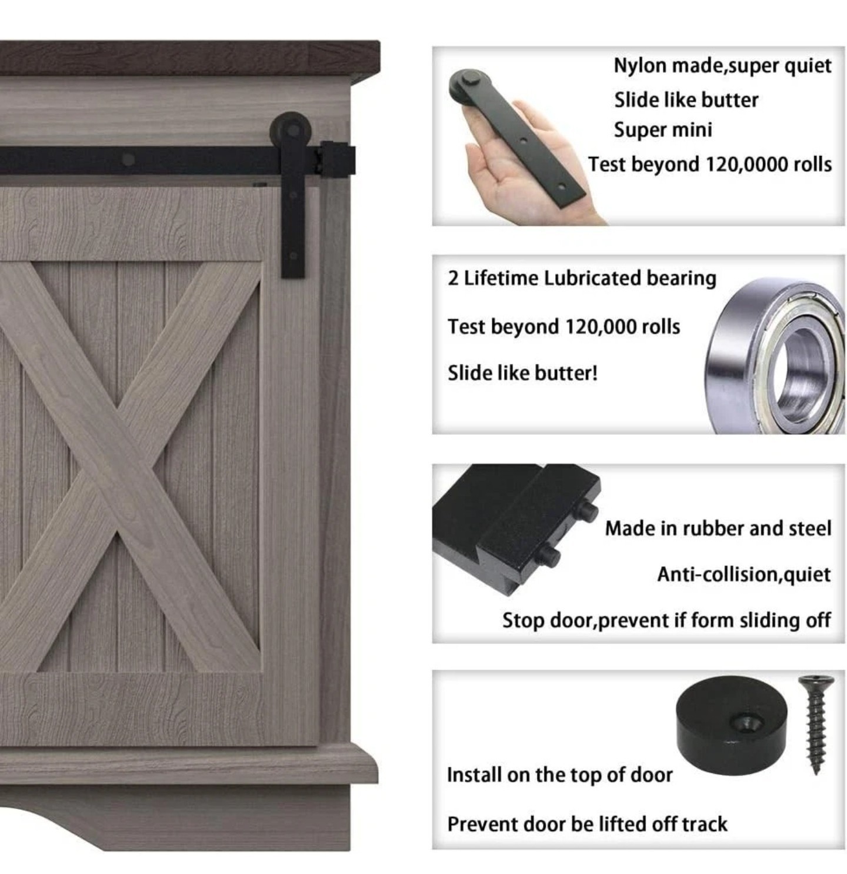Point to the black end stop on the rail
click(x=336, y=158)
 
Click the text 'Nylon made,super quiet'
click(x=722, y=66)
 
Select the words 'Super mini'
click(x=662, y=130)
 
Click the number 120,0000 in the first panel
click(x=743, y=164)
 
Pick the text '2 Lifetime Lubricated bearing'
click(x=582, y=278)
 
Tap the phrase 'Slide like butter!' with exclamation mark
click(x=522, y=373)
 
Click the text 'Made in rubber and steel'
click(x=718, y=528)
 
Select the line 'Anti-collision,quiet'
click(x=743, y=574)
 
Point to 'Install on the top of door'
click(x=560, y=775)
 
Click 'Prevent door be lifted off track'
click(x=587, y=824)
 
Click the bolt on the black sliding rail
click(x=128, y=159)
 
